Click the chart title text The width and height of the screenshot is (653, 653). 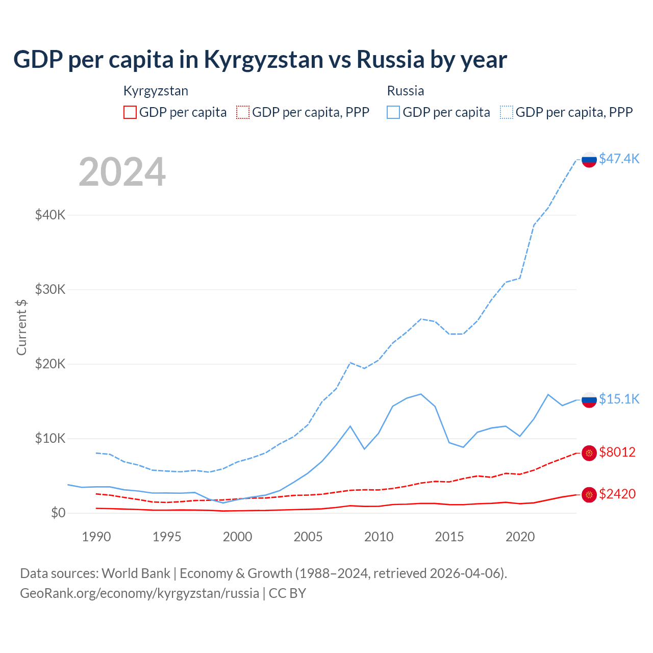pos(260,60)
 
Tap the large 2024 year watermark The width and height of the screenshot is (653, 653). pos(122,172)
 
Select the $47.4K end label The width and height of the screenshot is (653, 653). pos(619,159)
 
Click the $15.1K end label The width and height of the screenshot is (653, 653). pos(619,399)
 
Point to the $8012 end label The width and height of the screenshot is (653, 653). pos(617,452)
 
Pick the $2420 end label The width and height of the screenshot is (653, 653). pos(617,494)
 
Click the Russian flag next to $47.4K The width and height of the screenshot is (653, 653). pos(589,160)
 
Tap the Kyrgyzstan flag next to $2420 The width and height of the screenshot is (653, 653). pos(589,494)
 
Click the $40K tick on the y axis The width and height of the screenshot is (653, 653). pos(51,215)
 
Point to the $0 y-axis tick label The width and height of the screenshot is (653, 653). pos(58,513)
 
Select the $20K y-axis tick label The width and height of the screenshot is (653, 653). pos(51,364)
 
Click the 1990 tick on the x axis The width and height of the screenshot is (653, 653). pos(96,537)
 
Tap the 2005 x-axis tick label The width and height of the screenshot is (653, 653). pos(308,537)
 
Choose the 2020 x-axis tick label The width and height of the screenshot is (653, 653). pos(520,537)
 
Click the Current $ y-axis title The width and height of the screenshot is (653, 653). pos(21,327)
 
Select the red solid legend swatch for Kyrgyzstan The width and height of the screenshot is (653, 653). pos(130,112)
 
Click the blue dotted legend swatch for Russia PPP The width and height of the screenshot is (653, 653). pos(507,112)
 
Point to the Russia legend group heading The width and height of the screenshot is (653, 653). pos(406,91)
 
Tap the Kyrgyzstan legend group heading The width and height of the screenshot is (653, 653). pos(156,91)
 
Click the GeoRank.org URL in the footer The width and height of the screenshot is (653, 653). pos(139,593)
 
